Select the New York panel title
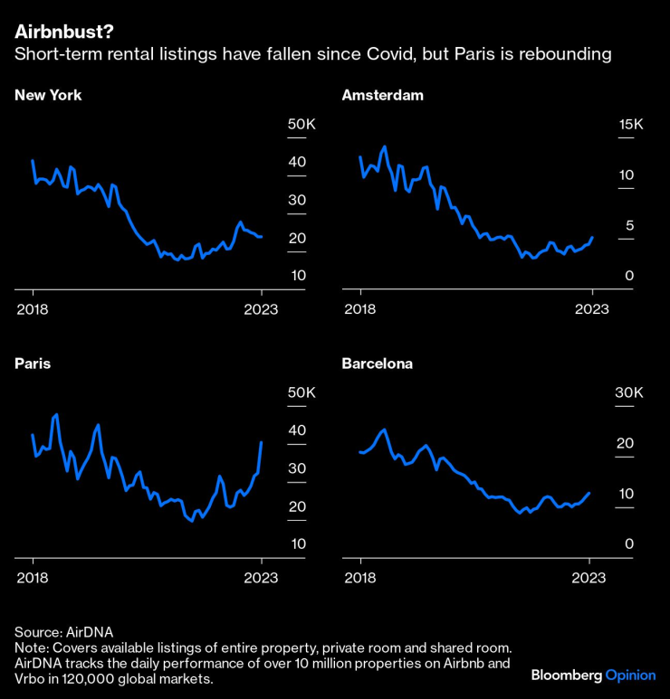pos(48,94)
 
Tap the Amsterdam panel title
pos(382,94)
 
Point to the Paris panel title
pos(33,364)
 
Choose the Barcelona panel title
pos(377,364)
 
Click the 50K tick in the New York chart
pos(301,125)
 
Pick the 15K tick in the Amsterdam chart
pos(629,125)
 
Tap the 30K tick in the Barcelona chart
pos(628,393)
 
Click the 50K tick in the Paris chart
pos(301,393)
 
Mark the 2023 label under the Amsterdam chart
pos(591,308)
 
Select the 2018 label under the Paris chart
pos(33,578)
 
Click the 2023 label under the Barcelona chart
pos(590,578)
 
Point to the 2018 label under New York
pos(33,308)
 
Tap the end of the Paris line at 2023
pos(262,442)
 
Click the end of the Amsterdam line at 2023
pos(592,238)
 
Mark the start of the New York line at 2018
pos(33,161)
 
